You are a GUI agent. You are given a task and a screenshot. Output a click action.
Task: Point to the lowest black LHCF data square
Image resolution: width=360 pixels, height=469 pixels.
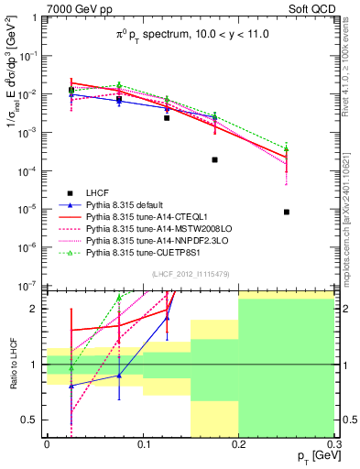(287, 212)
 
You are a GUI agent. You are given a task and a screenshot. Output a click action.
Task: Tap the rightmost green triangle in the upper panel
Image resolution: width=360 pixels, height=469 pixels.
(287, 148)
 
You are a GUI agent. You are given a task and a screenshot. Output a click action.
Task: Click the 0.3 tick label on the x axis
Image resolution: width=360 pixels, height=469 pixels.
(334, 442)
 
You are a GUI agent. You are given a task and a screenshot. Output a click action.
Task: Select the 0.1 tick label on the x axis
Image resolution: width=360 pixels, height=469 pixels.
(142, 442)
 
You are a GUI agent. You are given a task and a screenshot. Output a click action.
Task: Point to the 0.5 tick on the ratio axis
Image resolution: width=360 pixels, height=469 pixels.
(33, 420)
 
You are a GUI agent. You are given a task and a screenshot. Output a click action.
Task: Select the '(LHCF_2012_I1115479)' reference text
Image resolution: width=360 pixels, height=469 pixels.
(190, 274)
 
